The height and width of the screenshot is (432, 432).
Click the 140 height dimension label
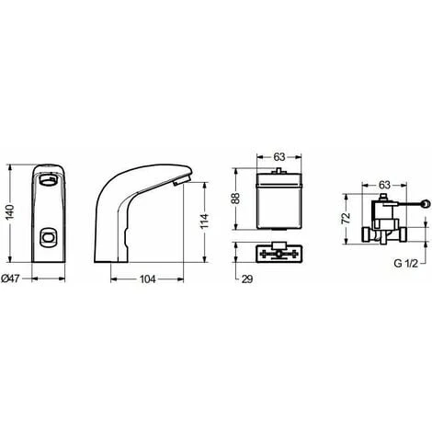click(x=10, y=212)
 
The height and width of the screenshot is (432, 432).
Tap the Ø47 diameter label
click(x=10, y=279)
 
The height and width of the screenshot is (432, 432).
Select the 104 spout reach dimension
click(x=147, y=279)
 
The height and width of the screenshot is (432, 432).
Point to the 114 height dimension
click(x=204, y=221)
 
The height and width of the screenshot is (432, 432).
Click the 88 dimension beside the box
click(x=235, y=199)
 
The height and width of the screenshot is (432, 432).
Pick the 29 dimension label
click(x=247, y=279)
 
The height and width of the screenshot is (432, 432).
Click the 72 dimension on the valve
click(x=346, y=218)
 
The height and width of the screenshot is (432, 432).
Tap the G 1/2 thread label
click(x=405, y=264)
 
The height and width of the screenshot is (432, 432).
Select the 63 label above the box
click(x=279, y=157)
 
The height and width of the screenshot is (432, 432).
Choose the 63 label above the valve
click(x=384, y=185)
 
